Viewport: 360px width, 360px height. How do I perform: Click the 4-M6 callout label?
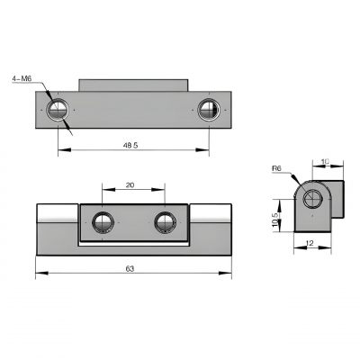point(22,78)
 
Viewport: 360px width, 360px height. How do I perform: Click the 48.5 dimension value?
point(130,146)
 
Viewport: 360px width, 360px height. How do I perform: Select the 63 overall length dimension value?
point(130,269)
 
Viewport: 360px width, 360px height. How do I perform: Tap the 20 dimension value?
point(130,185)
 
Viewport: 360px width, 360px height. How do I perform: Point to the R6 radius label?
point(276,169)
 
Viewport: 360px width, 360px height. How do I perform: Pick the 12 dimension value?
point(310,243)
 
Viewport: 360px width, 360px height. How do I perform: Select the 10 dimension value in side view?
point(325,162)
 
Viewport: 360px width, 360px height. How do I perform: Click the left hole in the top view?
point(58,110)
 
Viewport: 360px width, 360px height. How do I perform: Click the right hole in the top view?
point(209,110)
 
